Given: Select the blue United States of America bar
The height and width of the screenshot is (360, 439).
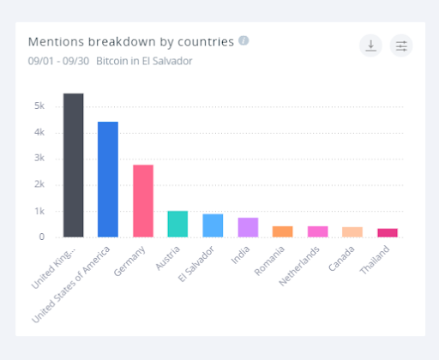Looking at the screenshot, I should [x=108, y=179].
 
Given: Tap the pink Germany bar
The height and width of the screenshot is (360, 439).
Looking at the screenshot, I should [x=142, y=201].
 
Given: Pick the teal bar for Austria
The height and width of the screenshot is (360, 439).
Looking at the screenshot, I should [x=177, y=224].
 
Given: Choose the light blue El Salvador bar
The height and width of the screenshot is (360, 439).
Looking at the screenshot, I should [x=213, y=225].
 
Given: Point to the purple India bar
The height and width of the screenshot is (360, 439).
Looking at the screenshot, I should [x=248, y=227].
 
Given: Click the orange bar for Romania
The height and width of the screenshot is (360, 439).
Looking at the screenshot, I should [x=282, y=231].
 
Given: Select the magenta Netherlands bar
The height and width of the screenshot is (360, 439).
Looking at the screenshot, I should [x=317, y=231].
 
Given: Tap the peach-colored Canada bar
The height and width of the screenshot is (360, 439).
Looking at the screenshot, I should [x=352, y=231].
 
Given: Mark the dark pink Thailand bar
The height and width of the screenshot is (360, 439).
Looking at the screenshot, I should [x=388, y=232].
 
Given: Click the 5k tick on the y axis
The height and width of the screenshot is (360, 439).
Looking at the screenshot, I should [x=39, y=106].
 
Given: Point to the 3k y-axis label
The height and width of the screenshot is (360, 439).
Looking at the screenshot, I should [x=39, y=159].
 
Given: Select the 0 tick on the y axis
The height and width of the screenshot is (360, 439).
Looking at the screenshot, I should [x=41, y=237].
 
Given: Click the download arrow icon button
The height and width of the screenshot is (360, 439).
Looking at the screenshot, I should [x=370, y=46].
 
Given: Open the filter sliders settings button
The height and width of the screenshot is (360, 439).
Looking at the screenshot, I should [x=401, y=46].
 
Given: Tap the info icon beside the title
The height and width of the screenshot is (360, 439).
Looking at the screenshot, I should [x=244, y=40].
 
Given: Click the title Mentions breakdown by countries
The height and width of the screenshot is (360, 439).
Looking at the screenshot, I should [x=130, y=41].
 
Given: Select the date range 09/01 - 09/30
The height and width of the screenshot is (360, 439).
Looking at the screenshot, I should [x=57, y=61].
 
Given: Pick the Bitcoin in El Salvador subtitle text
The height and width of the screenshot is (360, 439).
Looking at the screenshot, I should [x=144, y=61].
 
